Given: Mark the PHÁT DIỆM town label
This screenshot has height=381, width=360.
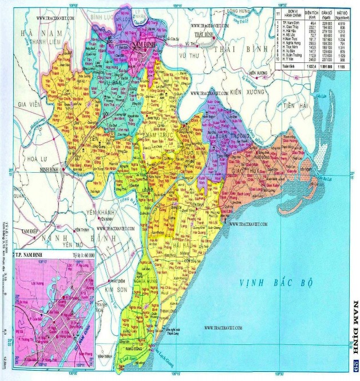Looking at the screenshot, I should pos(116,281).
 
